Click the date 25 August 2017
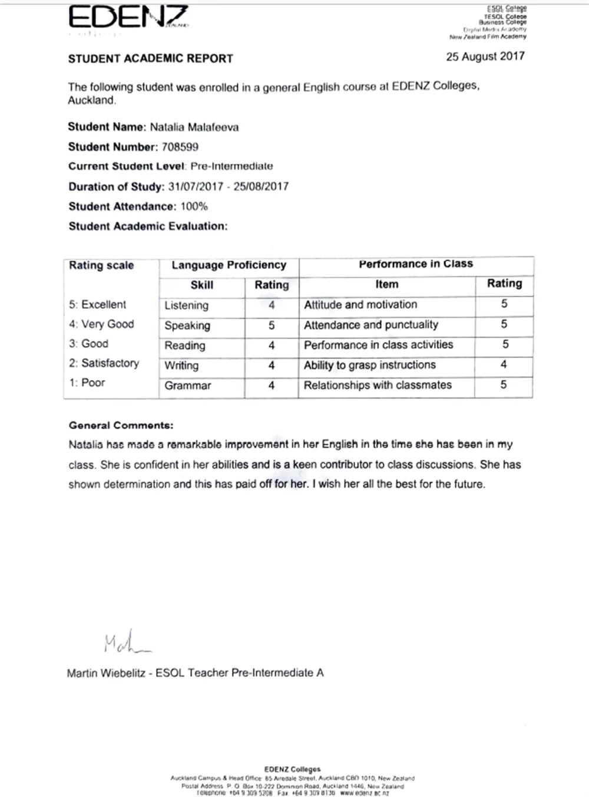pos(485,57)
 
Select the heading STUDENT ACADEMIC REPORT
pos(151,58)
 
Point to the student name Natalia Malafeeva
pos(194,127)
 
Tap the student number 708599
pos(180,147)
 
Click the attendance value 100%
pos(194,206)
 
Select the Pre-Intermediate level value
pos(231,166)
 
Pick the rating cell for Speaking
pos(272,325)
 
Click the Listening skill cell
pos(187,305)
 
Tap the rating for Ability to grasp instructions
pos(504,364)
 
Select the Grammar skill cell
pos(188,386)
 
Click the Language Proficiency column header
pos(229,265)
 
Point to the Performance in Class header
pos(416,264)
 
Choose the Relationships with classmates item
pos(378,385)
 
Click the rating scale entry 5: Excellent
pos(97,305)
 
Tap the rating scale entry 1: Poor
pos(87,383)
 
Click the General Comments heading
pos(121,425)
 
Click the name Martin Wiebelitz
pos(106,673)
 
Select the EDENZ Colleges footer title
pos(293,769)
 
